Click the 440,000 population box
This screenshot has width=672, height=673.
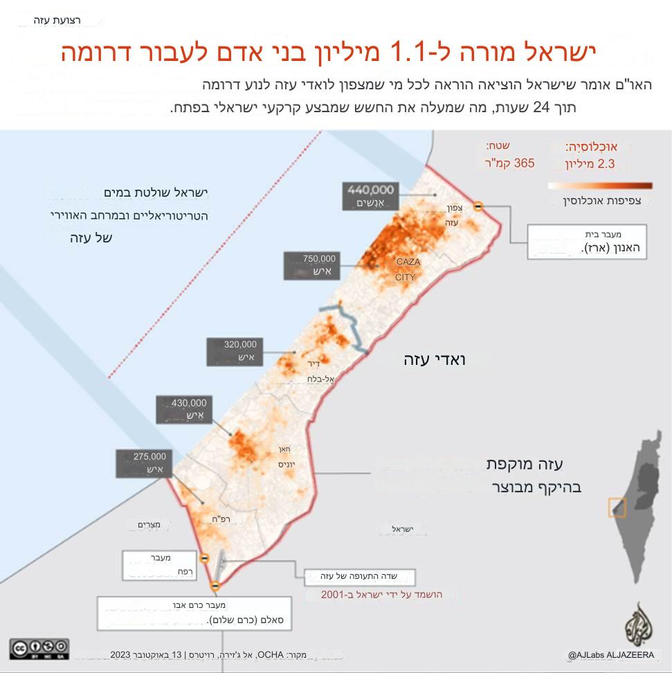[x=371, y=196]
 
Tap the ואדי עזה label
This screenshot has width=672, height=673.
[x=435, y=360]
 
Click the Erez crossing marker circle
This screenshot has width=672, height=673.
[x=478, y=206]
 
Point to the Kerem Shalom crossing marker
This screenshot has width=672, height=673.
[x=215, y=587]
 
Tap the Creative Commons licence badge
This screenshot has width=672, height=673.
[x=39, y=649]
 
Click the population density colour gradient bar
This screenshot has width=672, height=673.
[x=599, y=186]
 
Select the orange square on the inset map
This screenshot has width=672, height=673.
[x=617, y=508]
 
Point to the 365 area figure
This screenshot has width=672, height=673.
[x=525, y=164]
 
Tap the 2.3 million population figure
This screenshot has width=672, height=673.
[x=606, y=164]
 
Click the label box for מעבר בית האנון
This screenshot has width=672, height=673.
[x=587, y=242]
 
